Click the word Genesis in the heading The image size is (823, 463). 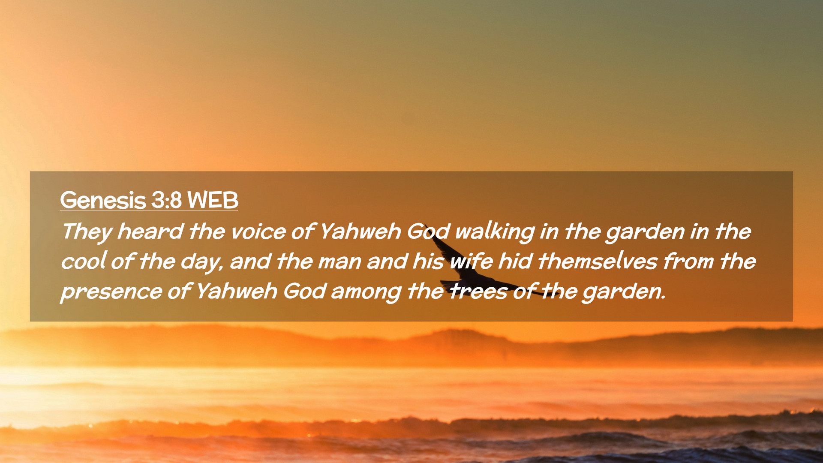tap(103, 201)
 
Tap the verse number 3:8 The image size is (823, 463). tap(166, 200)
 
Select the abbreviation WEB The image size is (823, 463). tap(213, 200)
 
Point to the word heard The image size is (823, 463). tap(150, 231)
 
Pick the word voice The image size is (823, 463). tap(258, 232)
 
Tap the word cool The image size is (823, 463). tap(84, 262)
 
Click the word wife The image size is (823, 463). tap(472, 262)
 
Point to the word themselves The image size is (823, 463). tap(598, 261)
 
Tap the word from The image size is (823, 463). tap(689, 261)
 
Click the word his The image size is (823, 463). tap(428, 261)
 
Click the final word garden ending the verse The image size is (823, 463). tap(624, 292)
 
